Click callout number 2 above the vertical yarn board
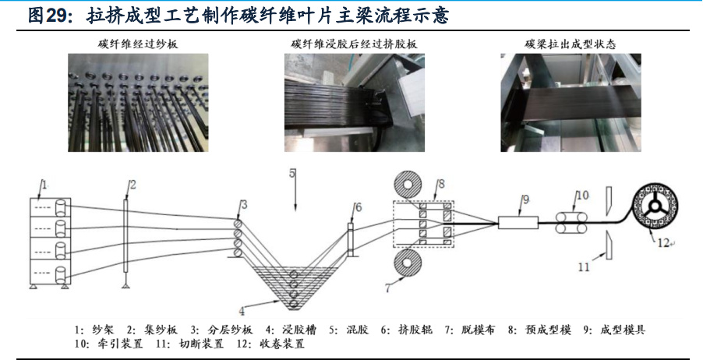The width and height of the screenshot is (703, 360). (132, 185)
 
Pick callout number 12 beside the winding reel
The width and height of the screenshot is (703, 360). (662, 242)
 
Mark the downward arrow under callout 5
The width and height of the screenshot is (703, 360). (295, 204)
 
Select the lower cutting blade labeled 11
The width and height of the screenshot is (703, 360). (605, 246)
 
